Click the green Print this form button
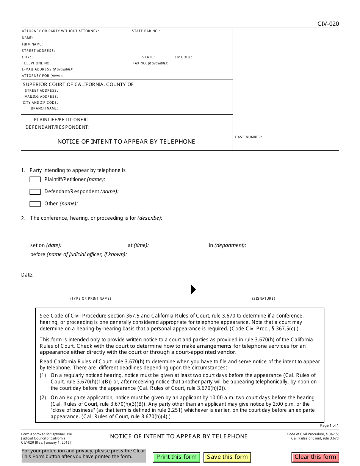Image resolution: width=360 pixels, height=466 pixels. tap(176, 457)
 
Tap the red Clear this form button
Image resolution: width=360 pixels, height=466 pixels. tap(315, 457)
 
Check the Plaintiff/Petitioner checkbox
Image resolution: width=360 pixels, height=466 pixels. tap(35, 180)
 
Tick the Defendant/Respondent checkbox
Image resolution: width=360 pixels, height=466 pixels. tap(35, 192)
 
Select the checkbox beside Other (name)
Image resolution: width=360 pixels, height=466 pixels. tap(35, 204)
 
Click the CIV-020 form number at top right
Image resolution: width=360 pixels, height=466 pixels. tap(328, 24)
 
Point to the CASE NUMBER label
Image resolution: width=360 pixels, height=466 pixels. tap(249, 137)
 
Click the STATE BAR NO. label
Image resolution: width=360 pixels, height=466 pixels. tap(146, 31)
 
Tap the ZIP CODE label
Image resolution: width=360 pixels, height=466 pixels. tap(183, 57)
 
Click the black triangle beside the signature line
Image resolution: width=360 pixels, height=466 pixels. tap(193, 289)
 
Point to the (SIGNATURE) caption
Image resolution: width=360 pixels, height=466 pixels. tap(264, 299)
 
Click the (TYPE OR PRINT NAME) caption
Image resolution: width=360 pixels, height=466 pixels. tap(91, 299)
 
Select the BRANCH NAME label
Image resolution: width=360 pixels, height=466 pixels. tap(44, 108)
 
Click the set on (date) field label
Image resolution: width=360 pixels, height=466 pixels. tap(46, 246)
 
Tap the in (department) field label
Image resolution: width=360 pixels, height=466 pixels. tap(227, 246)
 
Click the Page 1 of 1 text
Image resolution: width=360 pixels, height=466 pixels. tap(329, 425)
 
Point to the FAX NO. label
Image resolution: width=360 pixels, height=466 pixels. tap(150, 63)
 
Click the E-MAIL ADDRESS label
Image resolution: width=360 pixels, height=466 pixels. tap(47, 69)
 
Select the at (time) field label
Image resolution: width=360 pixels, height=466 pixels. tap(138, 246)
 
